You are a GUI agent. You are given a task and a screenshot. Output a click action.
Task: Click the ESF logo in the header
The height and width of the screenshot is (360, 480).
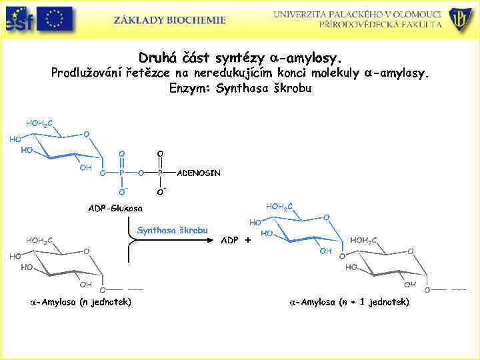tap(19, 19)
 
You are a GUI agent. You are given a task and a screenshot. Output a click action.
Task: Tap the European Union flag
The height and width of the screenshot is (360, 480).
tap(55, 19)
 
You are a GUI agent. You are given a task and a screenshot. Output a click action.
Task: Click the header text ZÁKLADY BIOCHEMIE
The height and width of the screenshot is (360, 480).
tap(169, 20)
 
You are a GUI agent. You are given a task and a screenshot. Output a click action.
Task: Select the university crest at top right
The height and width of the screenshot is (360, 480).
tap(461, 19)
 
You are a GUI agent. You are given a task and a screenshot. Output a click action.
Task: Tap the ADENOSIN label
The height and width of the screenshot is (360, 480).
tap(199, 173)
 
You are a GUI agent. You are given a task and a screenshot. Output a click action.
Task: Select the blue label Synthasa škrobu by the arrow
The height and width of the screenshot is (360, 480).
tap(172, 230)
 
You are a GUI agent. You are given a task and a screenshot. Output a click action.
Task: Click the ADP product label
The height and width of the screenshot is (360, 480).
tap(229, 240)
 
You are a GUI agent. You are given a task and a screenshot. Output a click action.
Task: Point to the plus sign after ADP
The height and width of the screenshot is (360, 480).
tap(248, 240)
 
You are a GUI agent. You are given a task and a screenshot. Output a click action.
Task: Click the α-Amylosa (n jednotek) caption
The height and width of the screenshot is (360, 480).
tap(80, 302)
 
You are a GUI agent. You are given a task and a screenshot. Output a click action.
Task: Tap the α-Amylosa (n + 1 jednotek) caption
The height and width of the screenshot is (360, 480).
tap(349, 302)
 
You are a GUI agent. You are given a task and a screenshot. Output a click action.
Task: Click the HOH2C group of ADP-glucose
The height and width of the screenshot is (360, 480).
tap(39, 123)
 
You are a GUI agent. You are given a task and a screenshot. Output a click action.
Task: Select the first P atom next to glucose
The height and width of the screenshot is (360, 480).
tap(121, 173)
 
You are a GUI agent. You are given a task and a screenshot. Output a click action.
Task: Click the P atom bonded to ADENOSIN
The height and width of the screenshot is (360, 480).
tap(160, 173)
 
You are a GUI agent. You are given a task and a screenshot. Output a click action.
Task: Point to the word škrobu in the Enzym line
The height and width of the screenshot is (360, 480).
tap(291, 87)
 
